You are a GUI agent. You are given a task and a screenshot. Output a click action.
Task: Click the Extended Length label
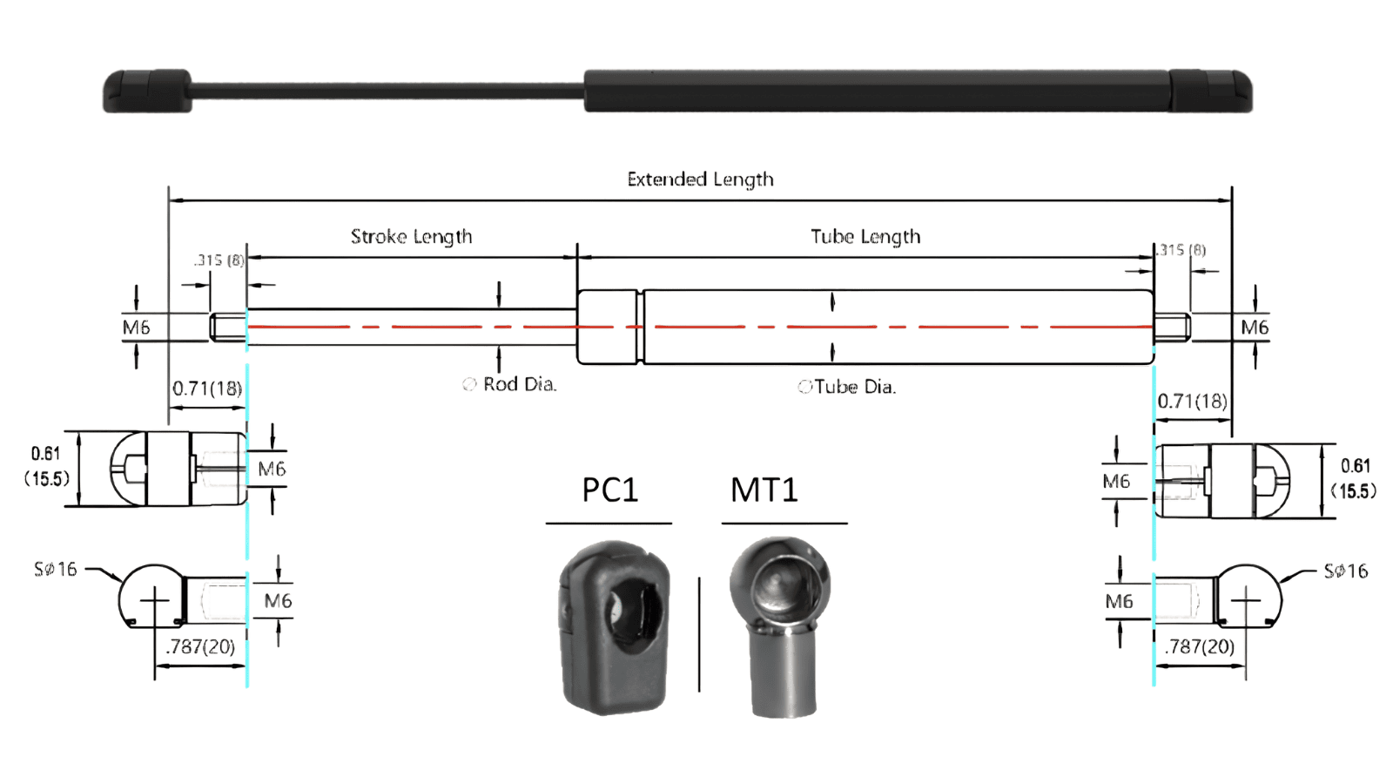click(x=700, y=179)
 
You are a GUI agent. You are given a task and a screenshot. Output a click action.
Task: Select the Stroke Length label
click(x=411, y=237)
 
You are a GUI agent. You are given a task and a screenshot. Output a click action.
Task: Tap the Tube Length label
click(x=865, y=237)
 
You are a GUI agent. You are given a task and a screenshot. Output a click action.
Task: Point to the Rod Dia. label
click(x=519, y=384)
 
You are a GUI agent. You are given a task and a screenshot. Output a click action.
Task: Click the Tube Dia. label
click(x=854, y=387)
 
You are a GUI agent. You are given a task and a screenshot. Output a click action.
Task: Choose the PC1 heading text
click(x=609, y=490)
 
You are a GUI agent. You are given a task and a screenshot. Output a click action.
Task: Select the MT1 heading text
click(x=764, y=490)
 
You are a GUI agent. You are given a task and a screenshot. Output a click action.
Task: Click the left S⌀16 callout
click(x=56, y=570)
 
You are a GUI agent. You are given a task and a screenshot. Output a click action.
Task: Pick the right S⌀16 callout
click(x=1345, y=571)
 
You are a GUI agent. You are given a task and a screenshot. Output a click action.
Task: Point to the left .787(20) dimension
click(x=201, y=646)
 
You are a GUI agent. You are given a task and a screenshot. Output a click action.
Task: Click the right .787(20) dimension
click(x=1200, y=646)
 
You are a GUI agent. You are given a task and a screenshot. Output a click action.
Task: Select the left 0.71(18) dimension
click(x=207, y=389)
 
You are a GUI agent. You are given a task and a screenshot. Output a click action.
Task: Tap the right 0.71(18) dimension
click(x=1192, y=401)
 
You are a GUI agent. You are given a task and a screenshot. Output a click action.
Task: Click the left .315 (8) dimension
click(x=219, y=260)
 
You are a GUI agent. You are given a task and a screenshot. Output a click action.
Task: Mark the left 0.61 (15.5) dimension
click(x=46, y=466)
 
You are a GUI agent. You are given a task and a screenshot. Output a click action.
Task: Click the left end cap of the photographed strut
click(x=147, y=91)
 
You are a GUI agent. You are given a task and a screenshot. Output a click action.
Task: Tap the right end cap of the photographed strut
click(x=1210, y=91)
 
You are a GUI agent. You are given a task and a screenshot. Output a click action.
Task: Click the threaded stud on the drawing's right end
click(x=1173, y=328)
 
